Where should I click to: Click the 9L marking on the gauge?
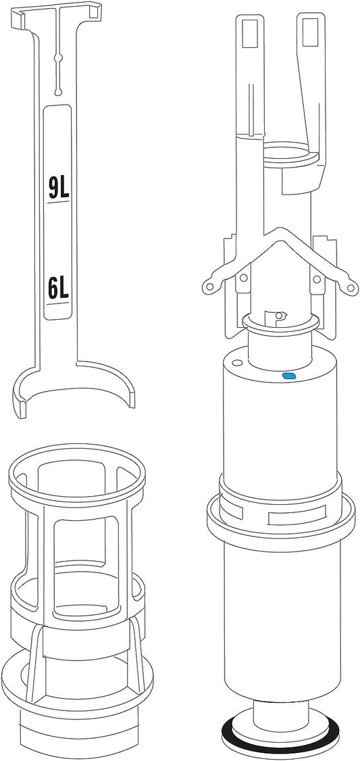click(59, 189)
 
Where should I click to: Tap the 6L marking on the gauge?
click(58, 289)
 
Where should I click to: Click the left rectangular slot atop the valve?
click(249, 33)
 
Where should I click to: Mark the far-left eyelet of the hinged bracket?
click(209, 287)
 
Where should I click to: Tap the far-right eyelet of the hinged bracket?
click(349, 288)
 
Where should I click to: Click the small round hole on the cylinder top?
click(236, 362)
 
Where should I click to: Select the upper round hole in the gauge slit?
click(58, 58)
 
